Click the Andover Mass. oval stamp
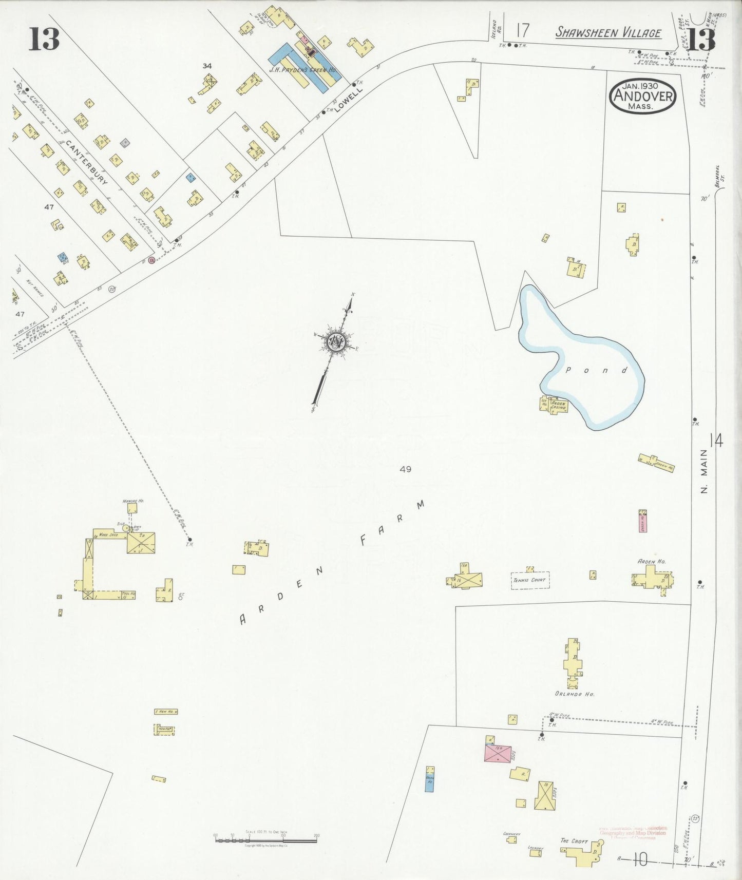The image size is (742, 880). (x=642, y=96)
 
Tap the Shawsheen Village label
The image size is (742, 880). (x=608, y=32)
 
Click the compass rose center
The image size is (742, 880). (x=336, y=341)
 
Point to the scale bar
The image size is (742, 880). (x=265, y=840)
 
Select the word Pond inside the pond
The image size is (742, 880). (x=596, y=370)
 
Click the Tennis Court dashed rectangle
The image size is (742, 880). (x=530, y=580)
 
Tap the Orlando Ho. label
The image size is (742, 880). (x=575, y=694)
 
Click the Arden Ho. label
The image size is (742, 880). (x=651, y=562)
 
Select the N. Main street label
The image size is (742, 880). (x=704, y=471)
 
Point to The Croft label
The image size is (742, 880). (x=574, y=841)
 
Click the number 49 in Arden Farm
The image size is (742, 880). (x=405, y=469)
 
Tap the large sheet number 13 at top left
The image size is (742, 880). (x=44, y=39)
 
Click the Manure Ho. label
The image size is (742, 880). (x=132, y=501)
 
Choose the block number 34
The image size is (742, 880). (x=207, y=66)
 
